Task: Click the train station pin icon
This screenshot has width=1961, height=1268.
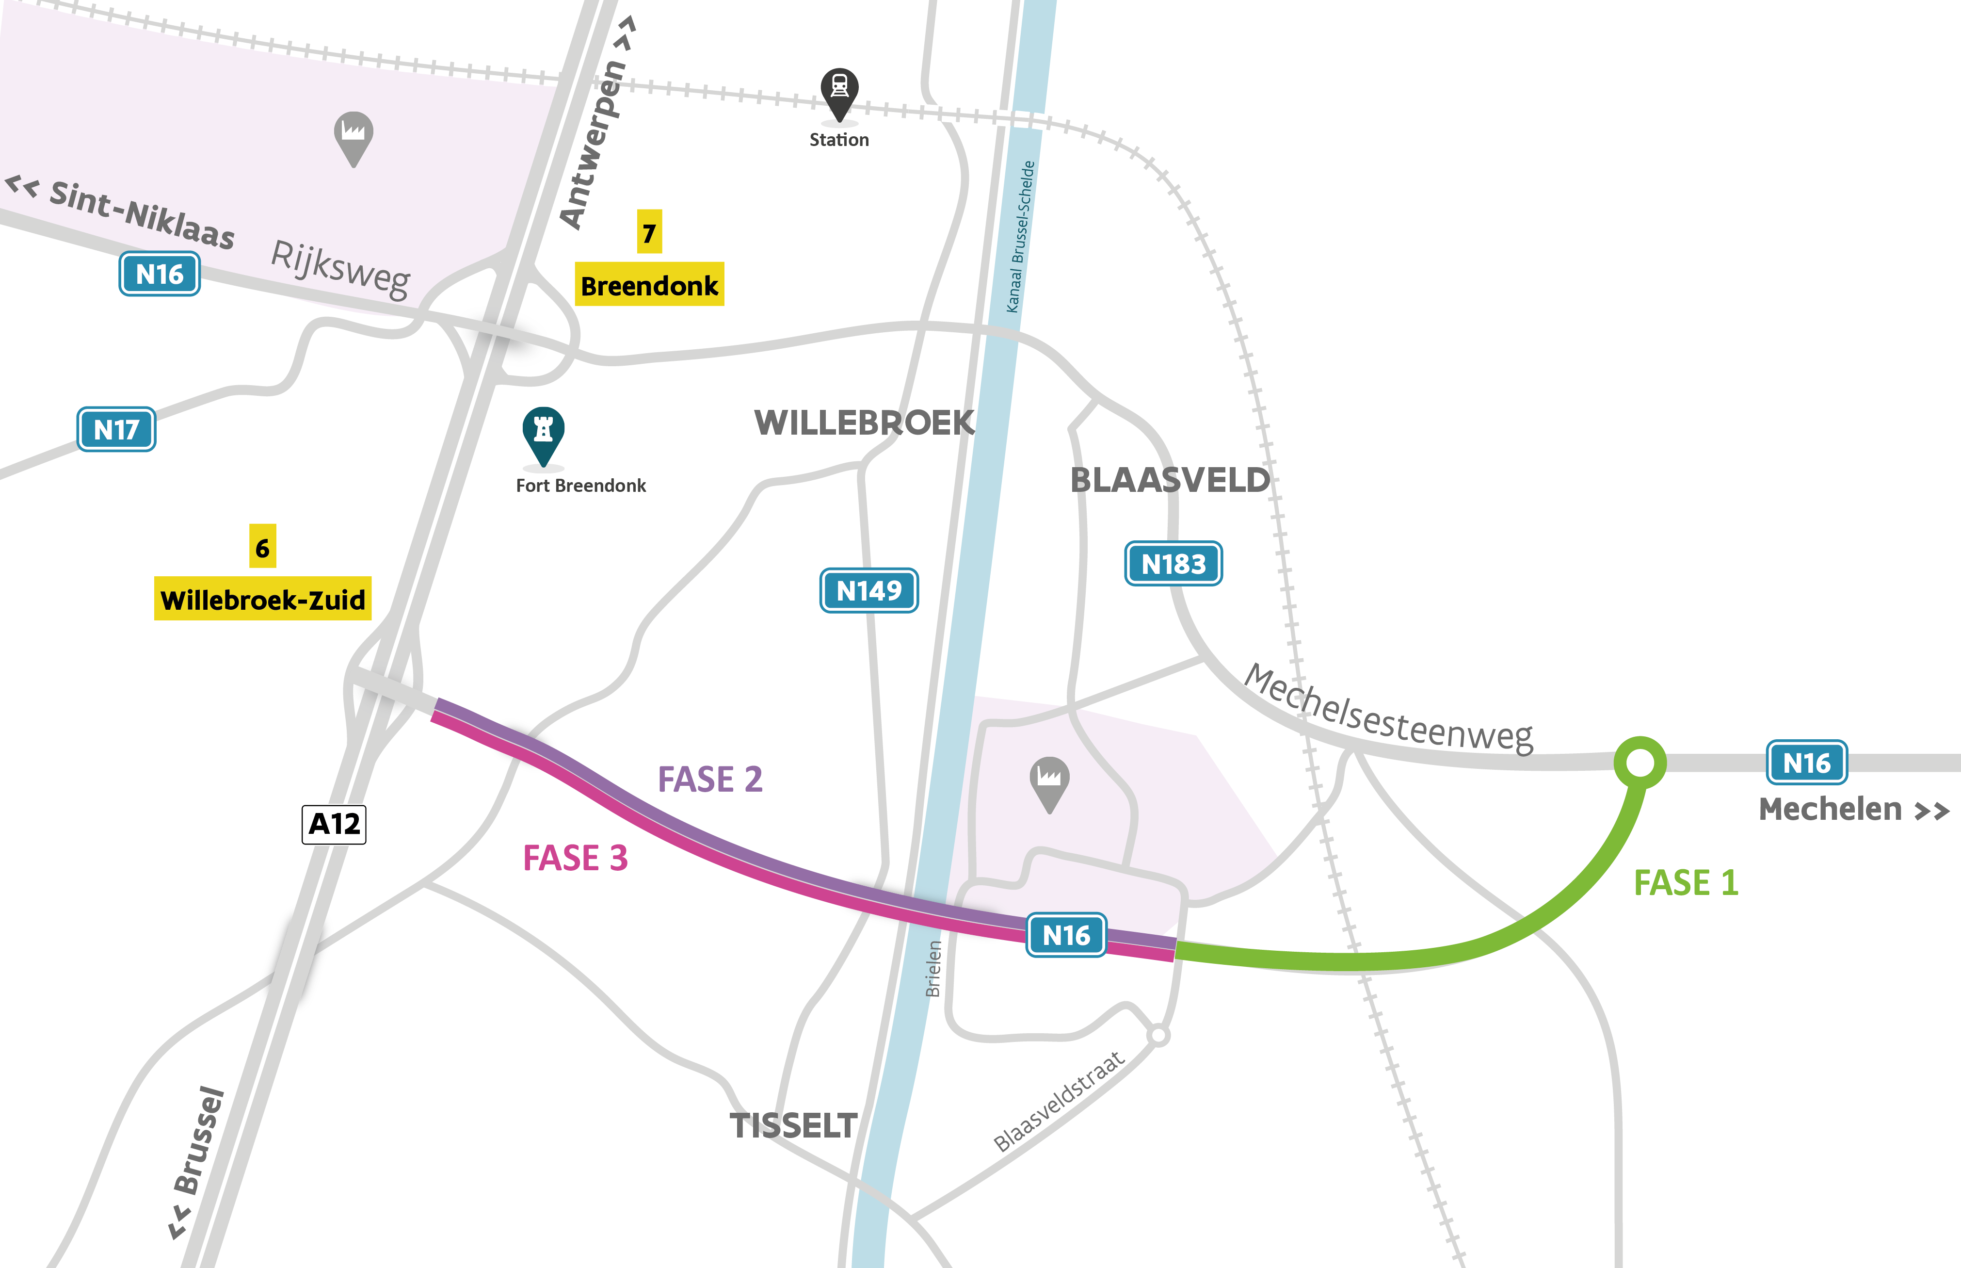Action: [838, 91]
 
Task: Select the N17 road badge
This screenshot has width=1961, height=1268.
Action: [116, 429]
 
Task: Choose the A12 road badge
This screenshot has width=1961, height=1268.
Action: [334, 823]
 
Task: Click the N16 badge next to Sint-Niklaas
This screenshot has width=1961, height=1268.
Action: [159, 274]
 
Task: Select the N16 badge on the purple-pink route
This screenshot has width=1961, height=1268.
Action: [1066, 935]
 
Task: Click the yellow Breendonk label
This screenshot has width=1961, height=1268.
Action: [649, 285]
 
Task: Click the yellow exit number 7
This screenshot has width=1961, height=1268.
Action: [649, 233]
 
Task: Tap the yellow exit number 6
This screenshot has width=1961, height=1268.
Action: [262, 547]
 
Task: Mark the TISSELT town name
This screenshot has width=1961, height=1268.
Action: [793, 1125]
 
